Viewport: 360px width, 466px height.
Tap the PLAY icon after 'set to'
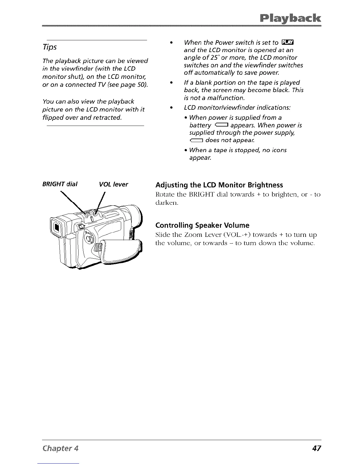click(285, 43)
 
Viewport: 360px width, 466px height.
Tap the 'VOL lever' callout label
click(113, 184)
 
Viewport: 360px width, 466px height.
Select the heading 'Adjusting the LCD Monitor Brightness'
click(219, 185)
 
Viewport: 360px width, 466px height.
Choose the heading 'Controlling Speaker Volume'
click(202, 225)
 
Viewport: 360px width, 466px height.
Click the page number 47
click(316, 448)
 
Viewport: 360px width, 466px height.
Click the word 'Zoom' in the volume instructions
click(198, 235)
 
